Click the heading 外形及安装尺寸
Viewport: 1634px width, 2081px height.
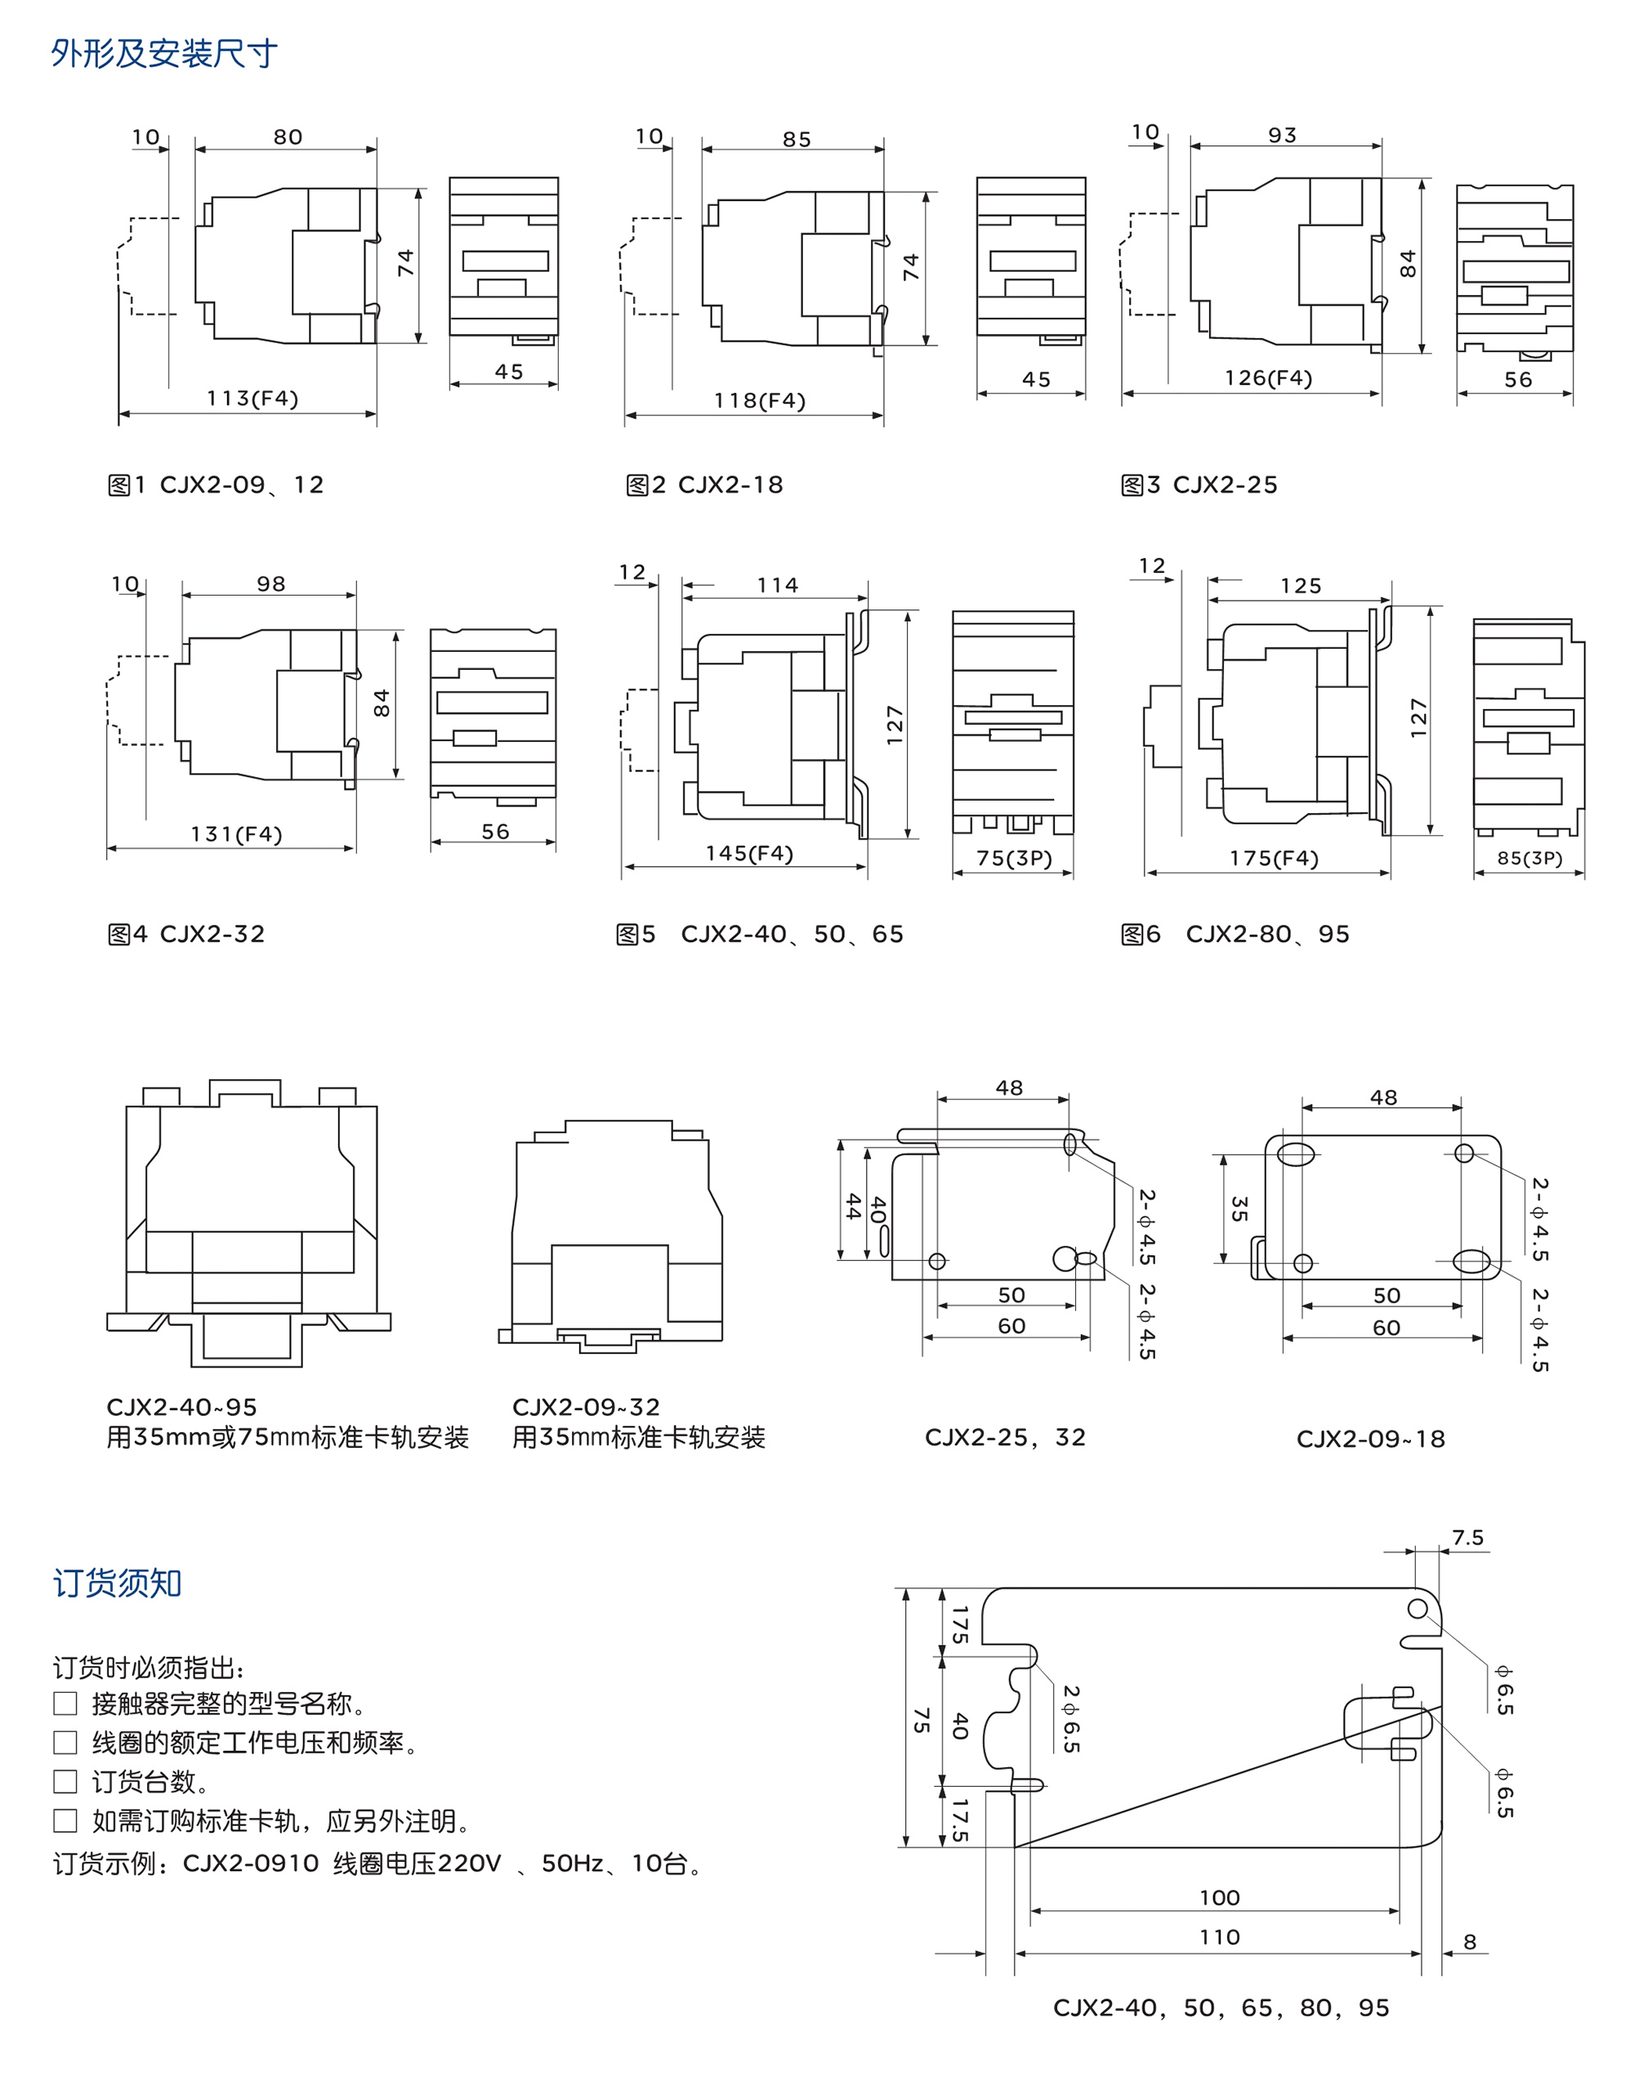(163, 54)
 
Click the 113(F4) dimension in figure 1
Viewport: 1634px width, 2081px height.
(252, 398)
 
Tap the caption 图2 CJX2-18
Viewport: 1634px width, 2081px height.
(704, 485)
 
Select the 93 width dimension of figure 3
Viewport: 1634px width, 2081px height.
(1282, 135)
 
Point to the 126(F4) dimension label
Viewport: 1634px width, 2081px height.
(1269, 378)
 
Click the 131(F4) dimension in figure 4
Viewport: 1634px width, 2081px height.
(236, 834)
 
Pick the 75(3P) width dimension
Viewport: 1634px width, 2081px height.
(1014, 858)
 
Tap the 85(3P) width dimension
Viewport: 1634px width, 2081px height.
(1529, 858)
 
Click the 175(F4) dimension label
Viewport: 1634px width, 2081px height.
(1274, 858)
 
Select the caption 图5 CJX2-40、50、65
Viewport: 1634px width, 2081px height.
(760, 934)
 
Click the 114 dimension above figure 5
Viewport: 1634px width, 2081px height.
(777, 585)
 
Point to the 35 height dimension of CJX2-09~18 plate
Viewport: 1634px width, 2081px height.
(1239, 1208)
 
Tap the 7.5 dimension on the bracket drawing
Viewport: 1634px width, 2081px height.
(1467, 1538)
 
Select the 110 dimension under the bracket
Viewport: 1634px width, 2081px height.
(1220, 1936)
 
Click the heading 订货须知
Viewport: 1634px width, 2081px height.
(117, 1583)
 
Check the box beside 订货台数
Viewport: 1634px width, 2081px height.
(65, 1781)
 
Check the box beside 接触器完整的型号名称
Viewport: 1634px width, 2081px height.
(65, 1703)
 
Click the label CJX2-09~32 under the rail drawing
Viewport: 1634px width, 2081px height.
(586, 1406)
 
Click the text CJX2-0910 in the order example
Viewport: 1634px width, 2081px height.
(251, 1863)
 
